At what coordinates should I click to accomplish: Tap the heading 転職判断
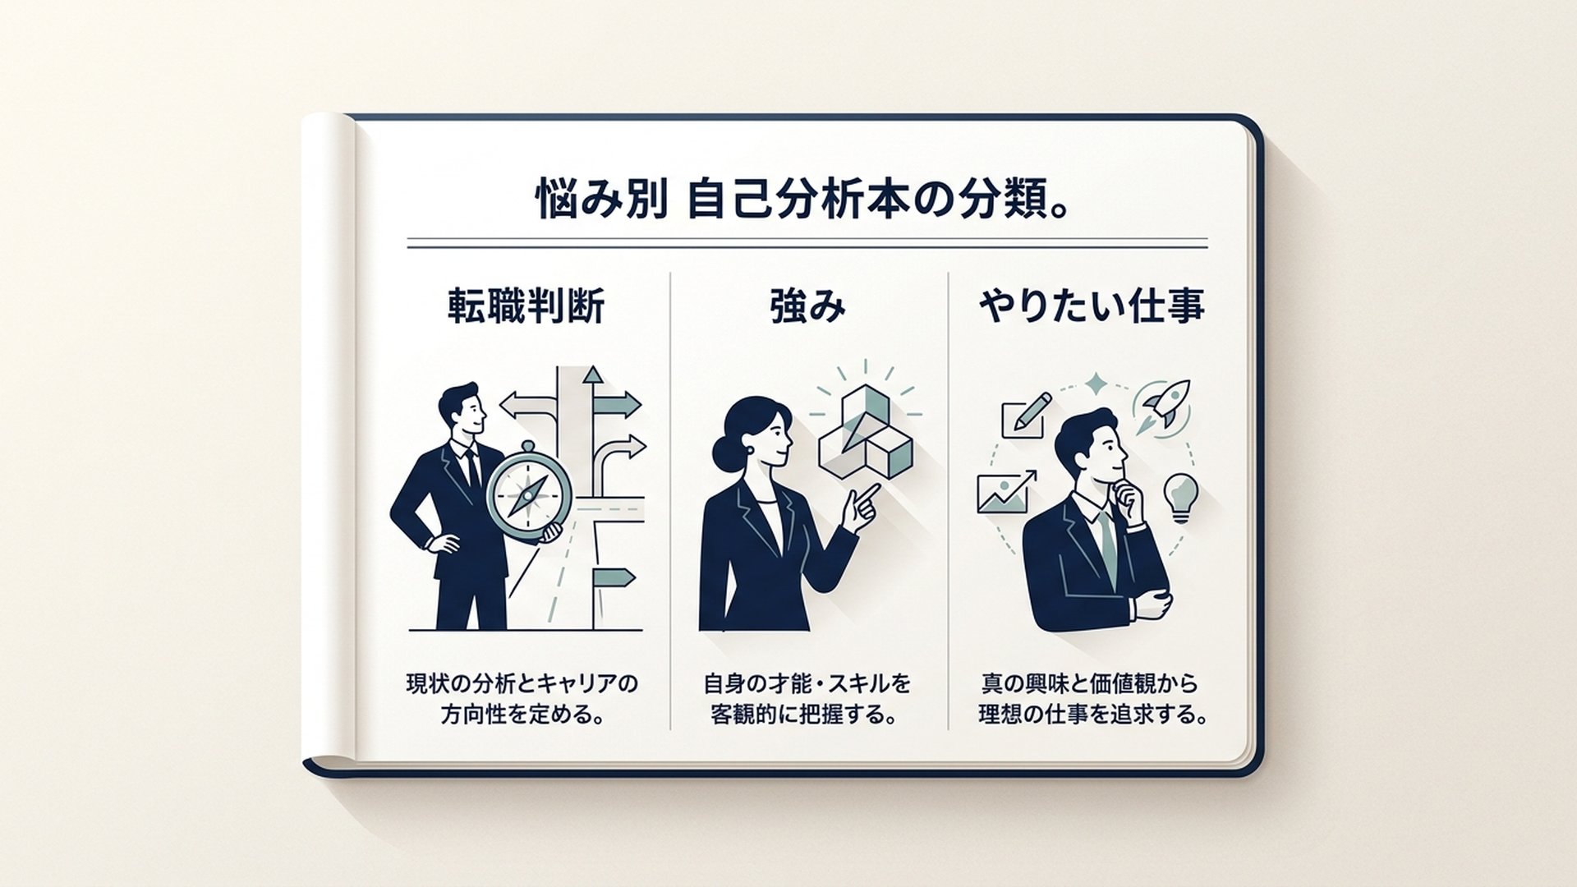click(526, 306)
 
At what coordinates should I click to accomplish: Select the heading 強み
click(808, 306)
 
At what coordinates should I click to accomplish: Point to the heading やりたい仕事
click(1092, 306)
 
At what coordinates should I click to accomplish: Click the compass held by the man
click(528, 492)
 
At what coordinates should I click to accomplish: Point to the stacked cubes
click(865, 432)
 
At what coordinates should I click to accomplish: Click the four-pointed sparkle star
click(1096, 384)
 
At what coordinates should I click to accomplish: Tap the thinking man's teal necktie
click(1108, 545)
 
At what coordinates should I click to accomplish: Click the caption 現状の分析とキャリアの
click(522, 683)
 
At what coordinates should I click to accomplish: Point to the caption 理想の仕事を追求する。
click(1093, 714)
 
